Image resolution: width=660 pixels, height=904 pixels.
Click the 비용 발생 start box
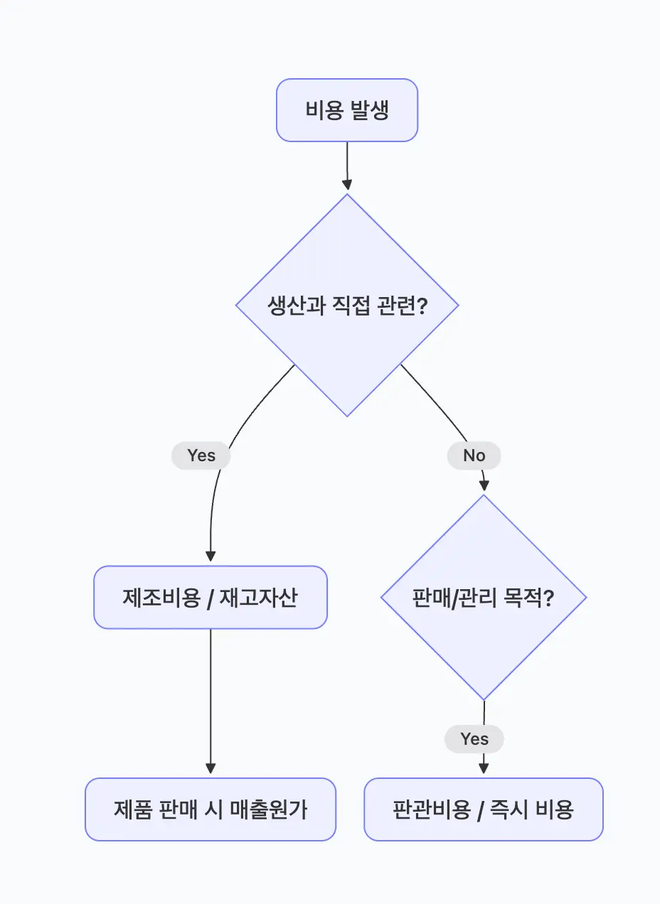(x=346, y=110)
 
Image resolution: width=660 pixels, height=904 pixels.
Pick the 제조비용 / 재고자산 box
(x=211, y=598)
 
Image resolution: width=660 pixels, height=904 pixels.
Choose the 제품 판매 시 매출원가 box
(x=211, y=809)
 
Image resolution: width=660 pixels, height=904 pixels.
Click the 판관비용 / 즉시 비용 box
(x=484, y=809)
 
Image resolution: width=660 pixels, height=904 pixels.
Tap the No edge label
(x=474, y=456)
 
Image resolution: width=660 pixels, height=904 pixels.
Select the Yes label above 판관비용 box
(x=474, y=739)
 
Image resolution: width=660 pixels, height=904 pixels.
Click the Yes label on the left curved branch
(x=201, y=456)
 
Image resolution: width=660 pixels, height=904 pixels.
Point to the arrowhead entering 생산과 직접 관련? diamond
(x=347, y=185)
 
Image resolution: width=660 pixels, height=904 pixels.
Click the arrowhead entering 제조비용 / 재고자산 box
(x=211, y=556)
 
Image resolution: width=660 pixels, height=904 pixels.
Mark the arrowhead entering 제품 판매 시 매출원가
(x=211, y=768)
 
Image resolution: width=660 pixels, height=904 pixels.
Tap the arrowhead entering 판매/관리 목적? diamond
(x=484, y=485)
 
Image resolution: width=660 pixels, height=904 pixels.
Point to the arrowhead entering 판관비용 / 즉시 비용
(x=484, y=768)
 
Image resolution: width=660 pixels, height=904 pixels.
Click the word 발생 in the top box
(x=369, y=111)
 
